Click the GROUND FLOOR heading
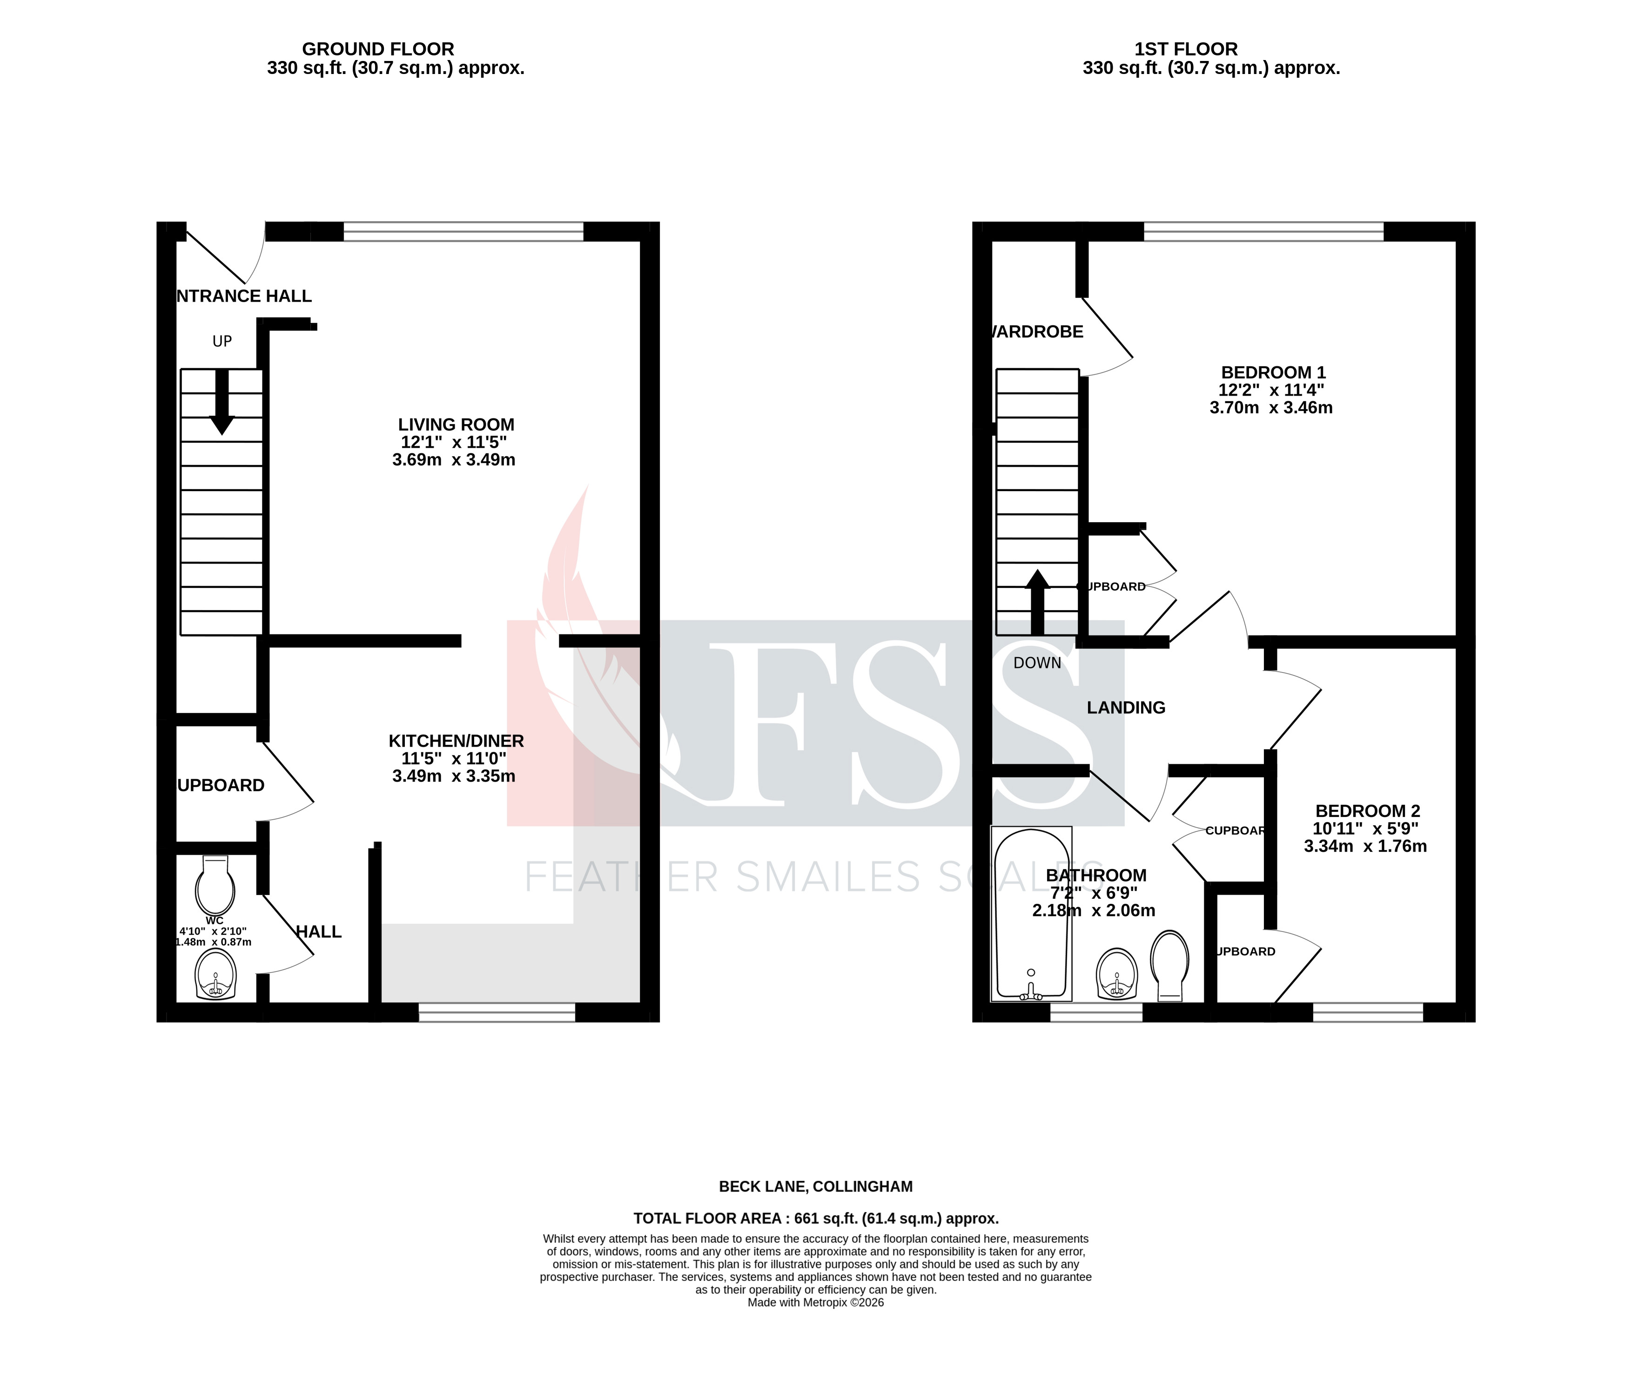[x=378, y=49]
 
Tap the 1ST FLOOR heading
[x=1185, y=49]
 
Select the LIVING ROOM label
[x=456, y=425]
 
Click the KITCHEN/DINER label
[x=456, y=741]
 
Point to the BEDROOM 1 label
[x=1273, y=372]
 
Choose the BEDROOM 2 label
[x=1367, y=811]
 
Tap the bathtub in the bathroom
[x=1031, y=914]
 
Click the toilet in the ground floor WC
[x=215, y=887]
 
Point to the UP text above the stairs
[x=222, y=341]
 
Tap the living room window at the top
[x=463, y=231]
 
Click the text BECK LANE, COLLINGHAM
[x=815, y=1186]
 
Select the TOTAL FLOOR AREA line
[x=815, y=1218]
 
